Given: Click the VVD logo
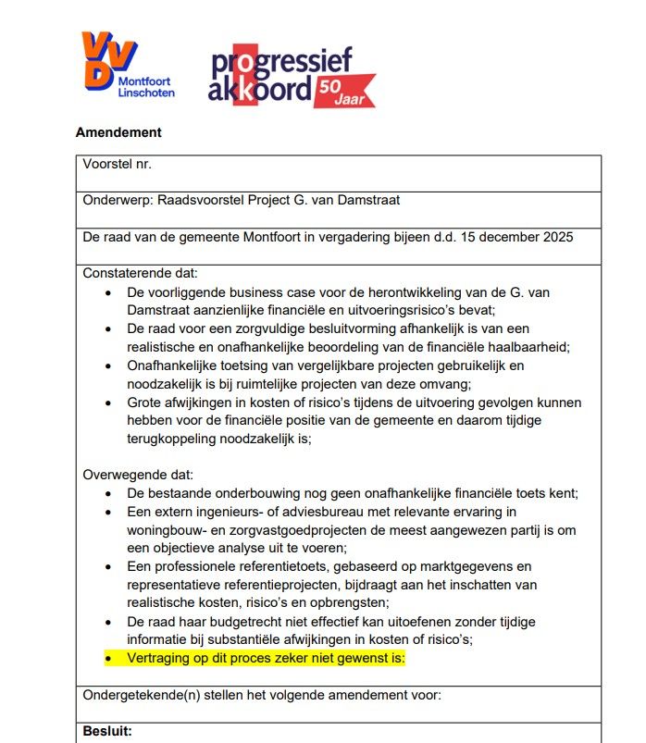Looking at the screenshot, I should [110, 59].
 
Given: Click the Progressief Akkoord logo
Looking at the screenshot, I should [291, 76].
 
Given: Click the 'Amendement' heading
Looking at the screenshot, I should [118, 132].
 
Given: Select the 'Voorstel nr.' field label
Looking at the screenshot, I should [118, 164].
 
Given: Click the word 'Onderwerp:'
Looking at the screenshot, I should [118, 200].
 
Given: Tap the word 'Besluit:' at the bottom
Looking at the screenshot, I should [107, 731].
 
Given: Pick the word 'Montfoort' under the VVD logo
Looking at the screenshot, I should [145, 80].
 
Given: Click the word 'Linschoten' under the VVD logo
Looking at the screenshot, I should [147, 93].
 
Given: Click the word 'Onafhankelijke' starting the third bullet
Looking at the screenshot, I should [175, 365].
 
